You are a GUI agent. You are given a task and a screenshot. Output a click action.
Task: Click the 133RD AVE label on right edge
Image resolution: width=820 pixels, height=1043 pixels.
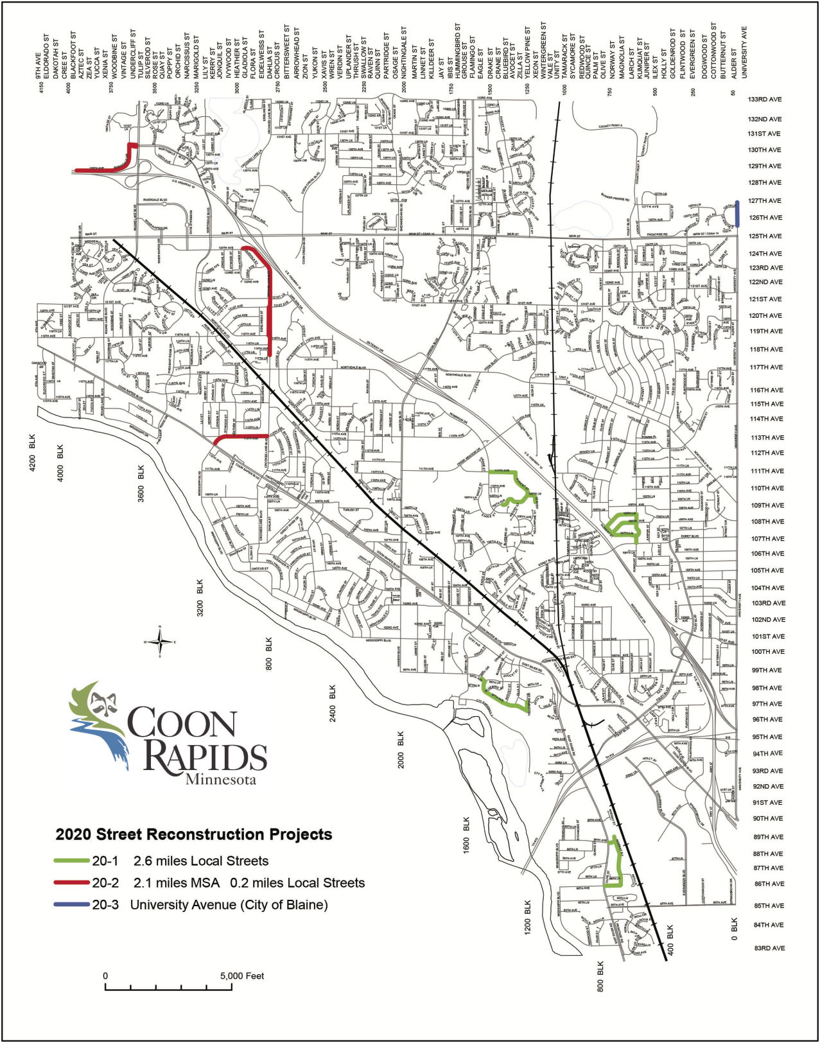[x=765, y=100]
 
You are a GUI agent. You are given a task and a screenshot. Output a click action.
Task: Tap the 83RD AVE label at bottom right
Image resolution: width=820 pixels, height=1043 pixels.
[x=769, y=948]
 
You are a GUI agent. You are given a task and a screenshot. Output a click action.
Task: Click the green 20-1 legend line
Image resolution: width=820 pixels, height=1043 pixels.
[x=72, y=861]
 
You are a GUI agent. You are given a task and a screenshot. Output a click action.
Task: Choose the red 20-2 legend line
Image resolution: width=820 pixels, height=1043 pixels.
[x=72, y=882]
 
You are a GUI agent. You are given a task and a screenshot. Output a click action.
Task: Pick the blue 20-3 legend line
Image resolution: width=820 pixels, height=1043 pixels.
[x=72, y=904]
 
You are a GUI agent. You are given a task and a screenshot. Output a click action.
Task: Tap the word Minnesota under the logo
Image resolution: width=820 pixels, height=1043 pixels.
[x=220, y=780]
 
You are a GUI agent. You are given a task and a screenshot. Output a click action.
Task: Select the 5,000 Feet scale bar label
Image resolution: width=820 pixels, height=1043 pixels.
[x=242, y=976]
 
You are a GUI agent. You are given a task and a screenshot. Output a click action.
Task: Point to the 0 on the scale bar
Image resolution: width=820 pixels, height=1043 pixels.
[x=106, y=976]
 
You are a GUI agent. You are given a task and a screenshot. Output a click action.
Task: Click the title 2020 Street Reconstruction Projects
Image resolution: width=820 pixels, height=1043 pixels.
[x=194, y=834]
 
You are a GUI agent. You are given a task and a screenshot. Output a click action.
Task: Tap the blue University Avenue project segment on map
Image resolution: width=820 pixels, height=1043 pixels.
[x=737, y=213]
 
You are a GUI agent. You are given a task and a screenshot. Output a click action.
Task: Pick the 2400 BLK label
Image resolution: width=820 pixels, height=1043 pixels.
[x=333, y=703]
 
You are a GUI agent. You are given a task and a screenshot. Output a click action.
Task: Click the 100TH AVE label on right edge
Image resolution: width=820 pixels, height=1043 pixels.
[x=768, y=651]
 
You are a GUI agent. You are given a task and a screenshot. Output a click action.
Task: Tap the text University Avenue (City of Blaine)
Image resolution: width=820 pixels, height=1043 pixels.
[x=229, y=904]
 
